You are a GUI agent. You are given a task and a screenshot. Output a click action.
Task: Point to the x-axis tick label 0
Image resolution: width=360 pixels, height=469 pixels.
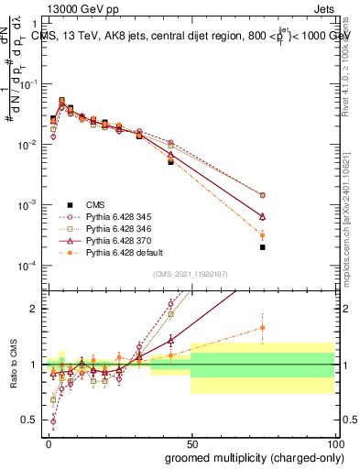click(x=48, y=442)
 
